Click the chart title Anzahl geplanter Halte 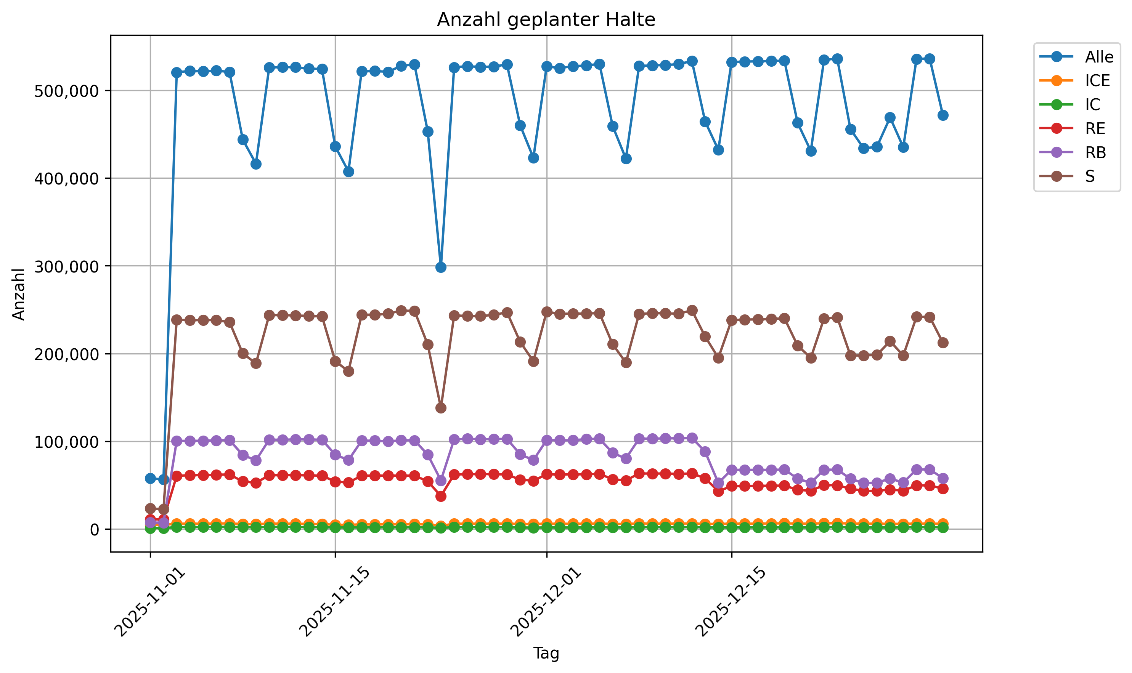point(546,20)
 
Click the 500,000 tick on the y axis point(66,91)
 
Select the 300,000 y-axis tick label point(66,267)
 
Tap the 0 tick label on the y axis point(95,530)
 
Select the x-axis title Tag point(546,653)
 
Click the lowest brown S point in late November point(440,408)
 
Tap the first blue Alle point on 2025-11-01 point(150,478)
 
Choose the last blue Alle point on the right point(943,115)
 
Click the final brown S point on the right point(943,343)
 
